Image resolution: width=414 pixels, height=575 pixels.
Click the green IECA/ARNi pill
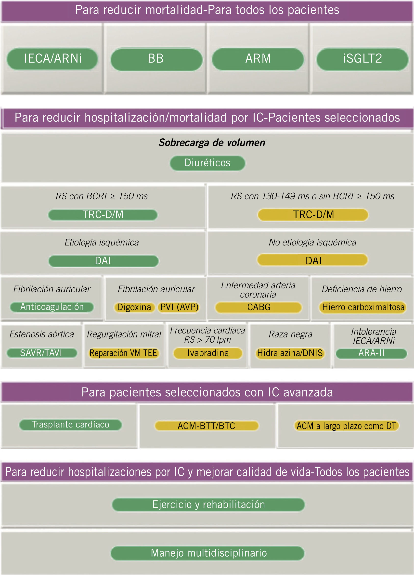tap(52, 59)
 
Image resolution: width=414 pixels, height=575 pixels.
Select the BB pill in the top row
tap(156, 59)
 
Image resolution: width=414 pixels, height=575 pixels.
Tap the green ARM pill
tap(258, 59)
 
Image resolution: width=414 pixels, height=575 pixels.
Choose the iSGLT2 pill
tap(362, 59)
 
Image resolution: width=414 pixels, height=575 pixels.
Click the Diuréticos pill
tap(207, 163)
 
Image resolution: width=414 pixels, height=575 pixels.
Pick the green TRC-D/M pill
tap(103, 215)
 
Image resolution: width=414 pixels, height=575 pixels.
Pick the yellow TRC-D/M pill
tap(313, 215)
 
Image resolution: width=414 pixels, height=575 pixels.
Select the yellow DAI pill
tap(312, 260)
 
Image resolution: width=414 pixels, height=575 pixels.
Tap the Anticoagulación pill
tap(52, 307)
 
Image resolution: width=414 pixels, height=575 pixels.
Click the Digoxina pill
tap(134, 308)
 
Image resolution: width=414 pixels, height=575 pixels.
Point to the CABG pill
tap(259, 307)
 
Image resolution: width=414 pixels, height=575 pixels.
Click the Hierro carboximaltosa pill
tap(363, 307)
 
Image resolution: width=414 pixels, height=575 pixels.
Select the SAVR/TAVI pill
tap(41, 353)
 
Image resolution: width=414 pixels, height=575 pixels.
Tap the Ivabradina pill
tap(208, 353)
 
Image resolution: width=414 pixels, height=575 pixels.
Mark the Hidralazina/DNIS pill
tap(290, 353)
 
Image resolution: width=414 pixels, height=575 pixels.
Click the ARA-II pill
tap(371, 353)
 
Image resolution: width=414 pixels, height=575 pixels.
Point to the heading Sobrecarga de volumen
tap(212, 143)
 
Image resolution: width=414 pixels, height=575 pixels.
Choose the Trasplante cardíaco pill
tap(70, 425)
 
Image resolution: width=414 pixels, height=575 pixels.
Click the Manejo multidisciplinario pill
tap(208, 553)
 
